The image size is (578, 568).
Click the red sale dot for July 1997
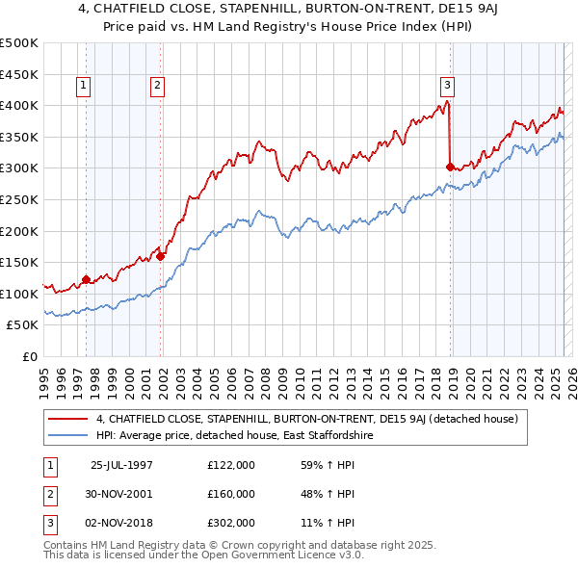tap(87, 280)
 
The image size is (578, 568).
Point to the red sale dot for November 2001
tap(161, 256)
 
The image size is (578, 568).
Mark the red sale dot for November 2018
tap(450, 167)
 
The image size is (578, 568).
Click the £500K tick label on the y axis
tap(19, 43)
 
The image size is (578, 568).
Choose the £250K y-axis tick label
tap(19, 199)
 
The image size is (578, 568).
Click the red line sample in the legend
tap(67, 419)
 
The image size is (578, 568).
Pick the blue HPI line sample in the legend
tap(67, 435)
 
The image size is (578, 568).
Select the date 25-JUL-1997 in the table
tap(121, 465)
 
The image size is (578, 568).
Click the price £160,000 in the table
tap(231, 494)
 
